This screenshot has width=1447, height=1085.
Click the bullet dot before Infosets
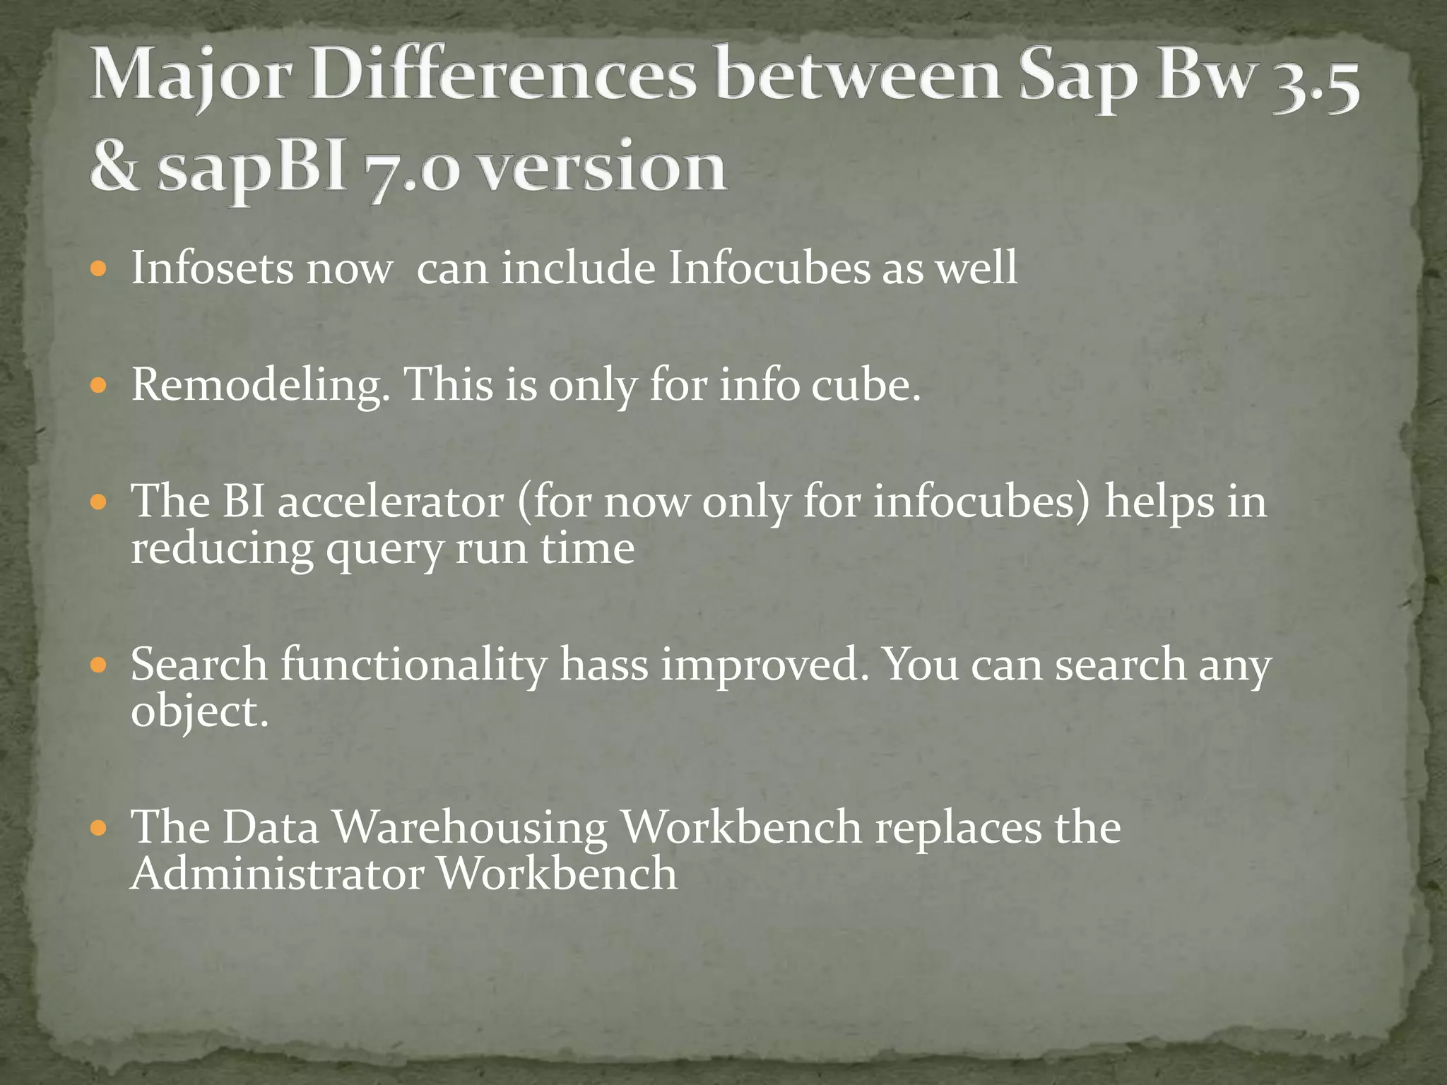[x=99, y=269]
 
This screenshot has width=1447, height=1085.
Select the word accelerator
[x=391, y=502]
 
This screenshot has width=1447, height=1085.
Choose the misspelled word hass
[x=604, y=665]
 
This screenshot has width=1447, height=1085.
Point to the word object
[x=199, y=711]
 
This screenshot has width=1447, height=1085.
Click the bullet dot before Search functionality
[x=99, y=665]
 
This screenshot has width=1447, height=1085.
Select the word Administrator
[x=277, y=874]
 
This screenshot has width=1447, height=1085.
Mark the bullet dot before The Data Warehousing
[x=99, y=827]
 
